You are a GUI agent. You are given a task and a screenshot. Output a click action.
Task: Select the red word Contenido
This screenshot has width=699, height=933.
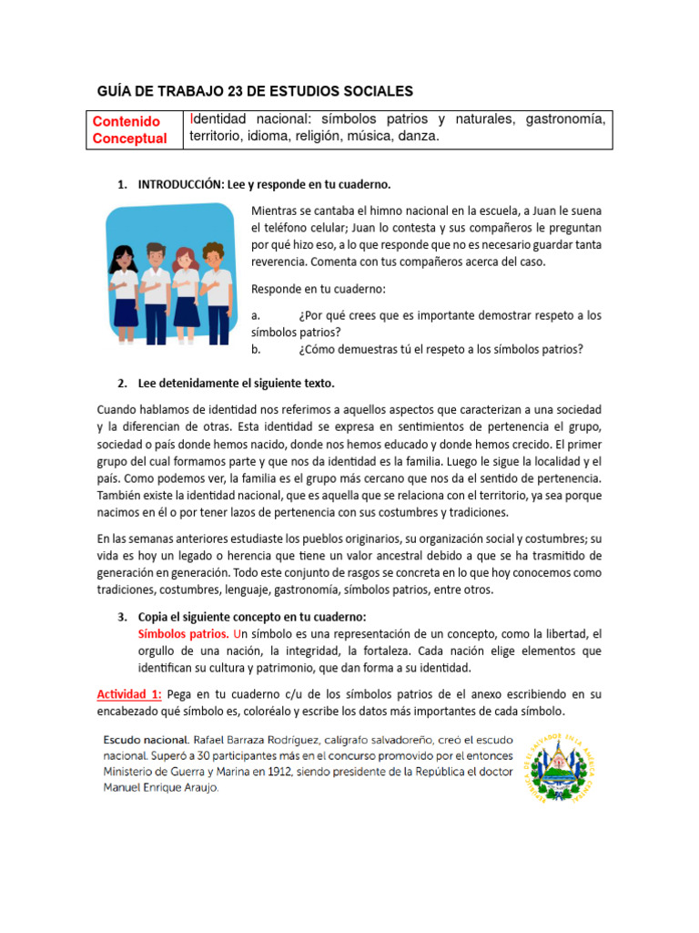click(127, 121)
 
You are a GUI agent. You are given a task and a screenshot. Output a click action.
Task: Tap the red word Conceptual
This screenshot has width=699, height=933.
click(130, 138)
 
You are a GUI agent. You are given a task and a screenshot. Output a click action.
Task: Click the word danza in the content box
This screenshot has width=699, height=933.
click(419, 137)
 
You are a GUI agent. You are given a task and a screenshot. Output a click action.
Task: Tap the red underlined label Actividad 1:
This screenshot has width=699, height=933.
click(129, 694)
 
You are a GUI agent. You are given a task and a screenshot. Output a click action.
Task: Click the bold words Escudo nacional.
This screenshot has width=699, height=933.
click(146, 740)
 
